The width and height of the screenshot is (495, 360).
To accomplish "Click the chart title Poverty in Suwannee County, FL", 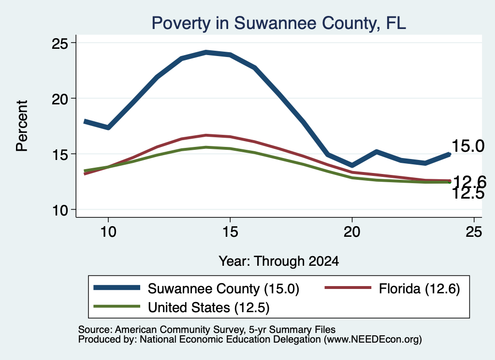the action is tap(279, 23).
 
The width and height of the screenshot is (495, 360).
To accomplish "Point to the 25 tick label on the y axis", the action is tap(59, 43).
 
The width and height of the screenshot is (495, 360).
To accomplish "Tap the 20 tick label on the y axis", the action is tap(59, 99).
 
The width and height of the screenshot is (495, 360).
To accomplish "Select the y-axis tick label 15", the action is tap(59, 155).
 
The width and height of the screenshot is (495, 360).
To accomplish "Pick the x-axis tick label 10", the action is tap(108, 232).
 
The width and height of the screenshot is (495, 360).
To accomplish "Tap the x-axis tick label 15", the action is tap(230, 232).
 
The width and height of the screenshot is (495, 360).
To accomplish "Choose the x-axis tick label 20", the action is tap(352, 232).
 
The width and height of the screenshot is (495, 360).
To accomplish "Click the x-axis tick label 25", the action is tap(474, 232).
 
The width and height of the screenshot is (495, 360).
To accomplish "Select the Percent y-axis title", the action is tap(22, 126).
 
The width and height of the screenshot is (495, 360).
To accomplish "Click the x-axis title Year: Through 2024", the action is tap(279, 261).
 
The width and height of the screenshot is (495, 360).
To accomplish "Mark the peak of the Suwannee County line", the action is tap(206, 52).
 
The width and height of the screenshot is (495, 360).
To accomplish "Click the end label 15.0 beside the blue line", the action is tap(468, 146).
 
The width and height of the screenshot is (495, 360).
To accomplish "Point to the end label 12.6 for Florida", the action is tap(469, 182).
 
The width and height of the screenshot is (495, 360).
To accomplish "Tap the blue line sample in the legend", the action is tap(117, 288).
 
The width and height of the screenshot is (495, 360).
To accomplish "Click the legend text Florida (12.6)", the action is tap(419, 288).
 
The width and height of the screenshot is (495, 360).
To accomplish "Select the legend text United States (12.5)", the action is tap(209, 307).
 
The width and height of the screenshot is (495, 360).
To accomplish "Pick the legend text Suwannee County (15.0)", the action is tap(223, 288).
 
